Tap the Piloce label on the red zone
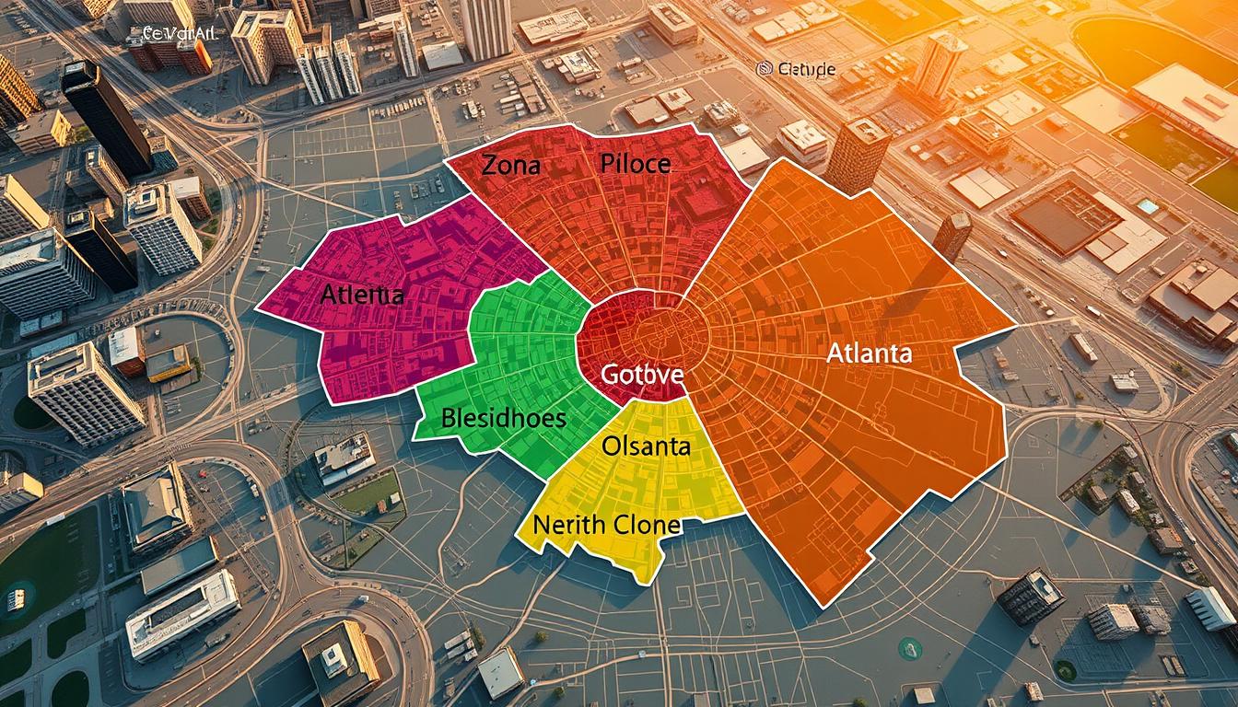pyautogui.click(x=636, y=165)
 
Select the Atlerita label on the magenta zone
pyautogui.click(x=362, y=296)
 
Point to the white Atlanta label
pyautogui.click(x=869, y=353)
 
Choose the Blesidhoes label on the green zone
pyautogui.click(x=503, y=417)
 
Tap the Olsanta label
pyautogui.click(x=646, y=447)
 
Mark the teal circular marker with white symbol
pyautogui.click(x=909, y=648)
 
